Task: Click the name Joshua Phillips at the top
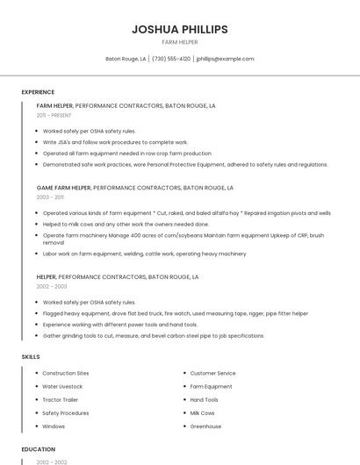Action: [x=180, y=29]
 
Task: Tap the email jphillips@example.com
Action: [x=226, y=59]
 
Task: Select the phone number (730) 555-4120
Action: [x=171, y=59]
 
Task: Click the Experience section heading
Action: [x=38, y=91]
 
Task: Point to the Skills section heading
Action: [x=31, y=356]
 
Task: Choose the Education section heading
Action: [x=38, y=449]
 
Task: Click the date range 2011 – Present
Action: [x=54, y=115]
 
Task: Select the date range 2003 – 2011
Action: [x=50, y=197]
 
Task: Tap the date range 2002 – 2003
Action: [x=51, y=286]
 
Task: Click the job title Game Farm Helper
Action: [x=63, y=188]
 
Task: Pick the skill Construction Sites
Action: [x=66, y=373]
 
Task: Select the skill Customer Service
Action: [x=213, y=373]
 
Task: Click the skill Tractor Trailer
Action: [x=61, y=399]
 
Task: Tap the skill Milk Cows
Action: [x=203, y=412]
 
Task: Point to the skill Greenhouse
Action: [x=205, y=426]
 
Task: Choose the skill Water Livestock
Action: [x=62, y=386]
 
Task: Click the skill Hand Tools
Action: [x=205, y=399]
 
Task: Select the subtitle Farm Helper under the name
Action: [x=180, y=42]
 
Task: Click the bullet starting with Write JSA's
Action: [x=115, y=142]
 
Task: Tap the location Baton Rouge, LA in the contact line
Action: [x=126, y=59]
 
